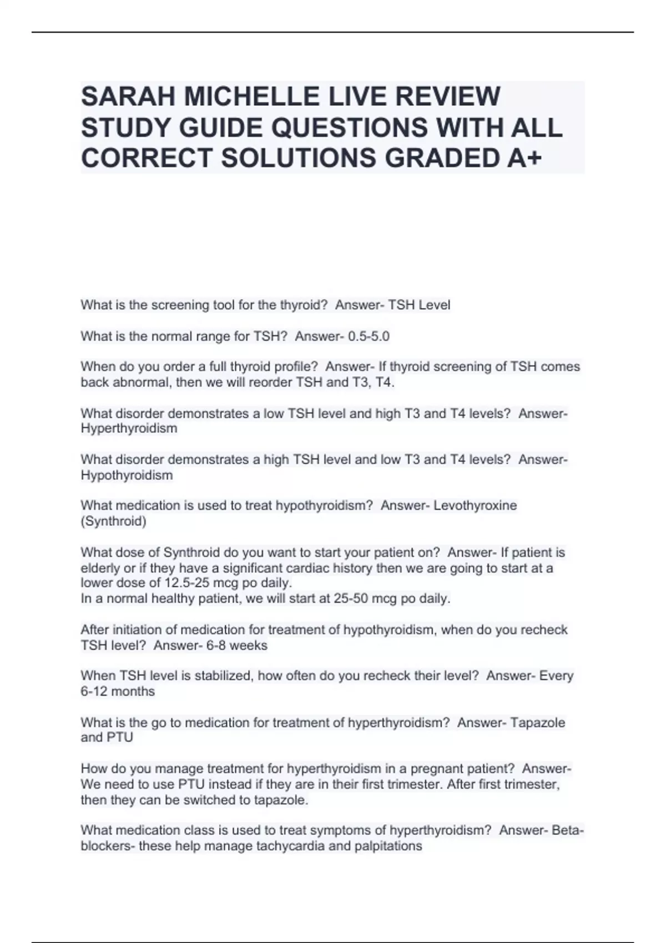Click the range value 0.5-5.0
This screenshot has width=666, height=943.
click(369, 336)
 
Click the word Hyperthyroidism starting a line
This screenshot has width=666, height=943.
click(129, 429)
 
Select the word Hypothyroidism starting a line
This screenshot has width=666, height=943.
click(127, 475)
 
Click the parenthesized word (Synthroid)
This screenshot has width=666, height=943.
click(113, 521)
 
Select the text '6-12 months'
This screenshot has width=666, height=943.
click(118, 691)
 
